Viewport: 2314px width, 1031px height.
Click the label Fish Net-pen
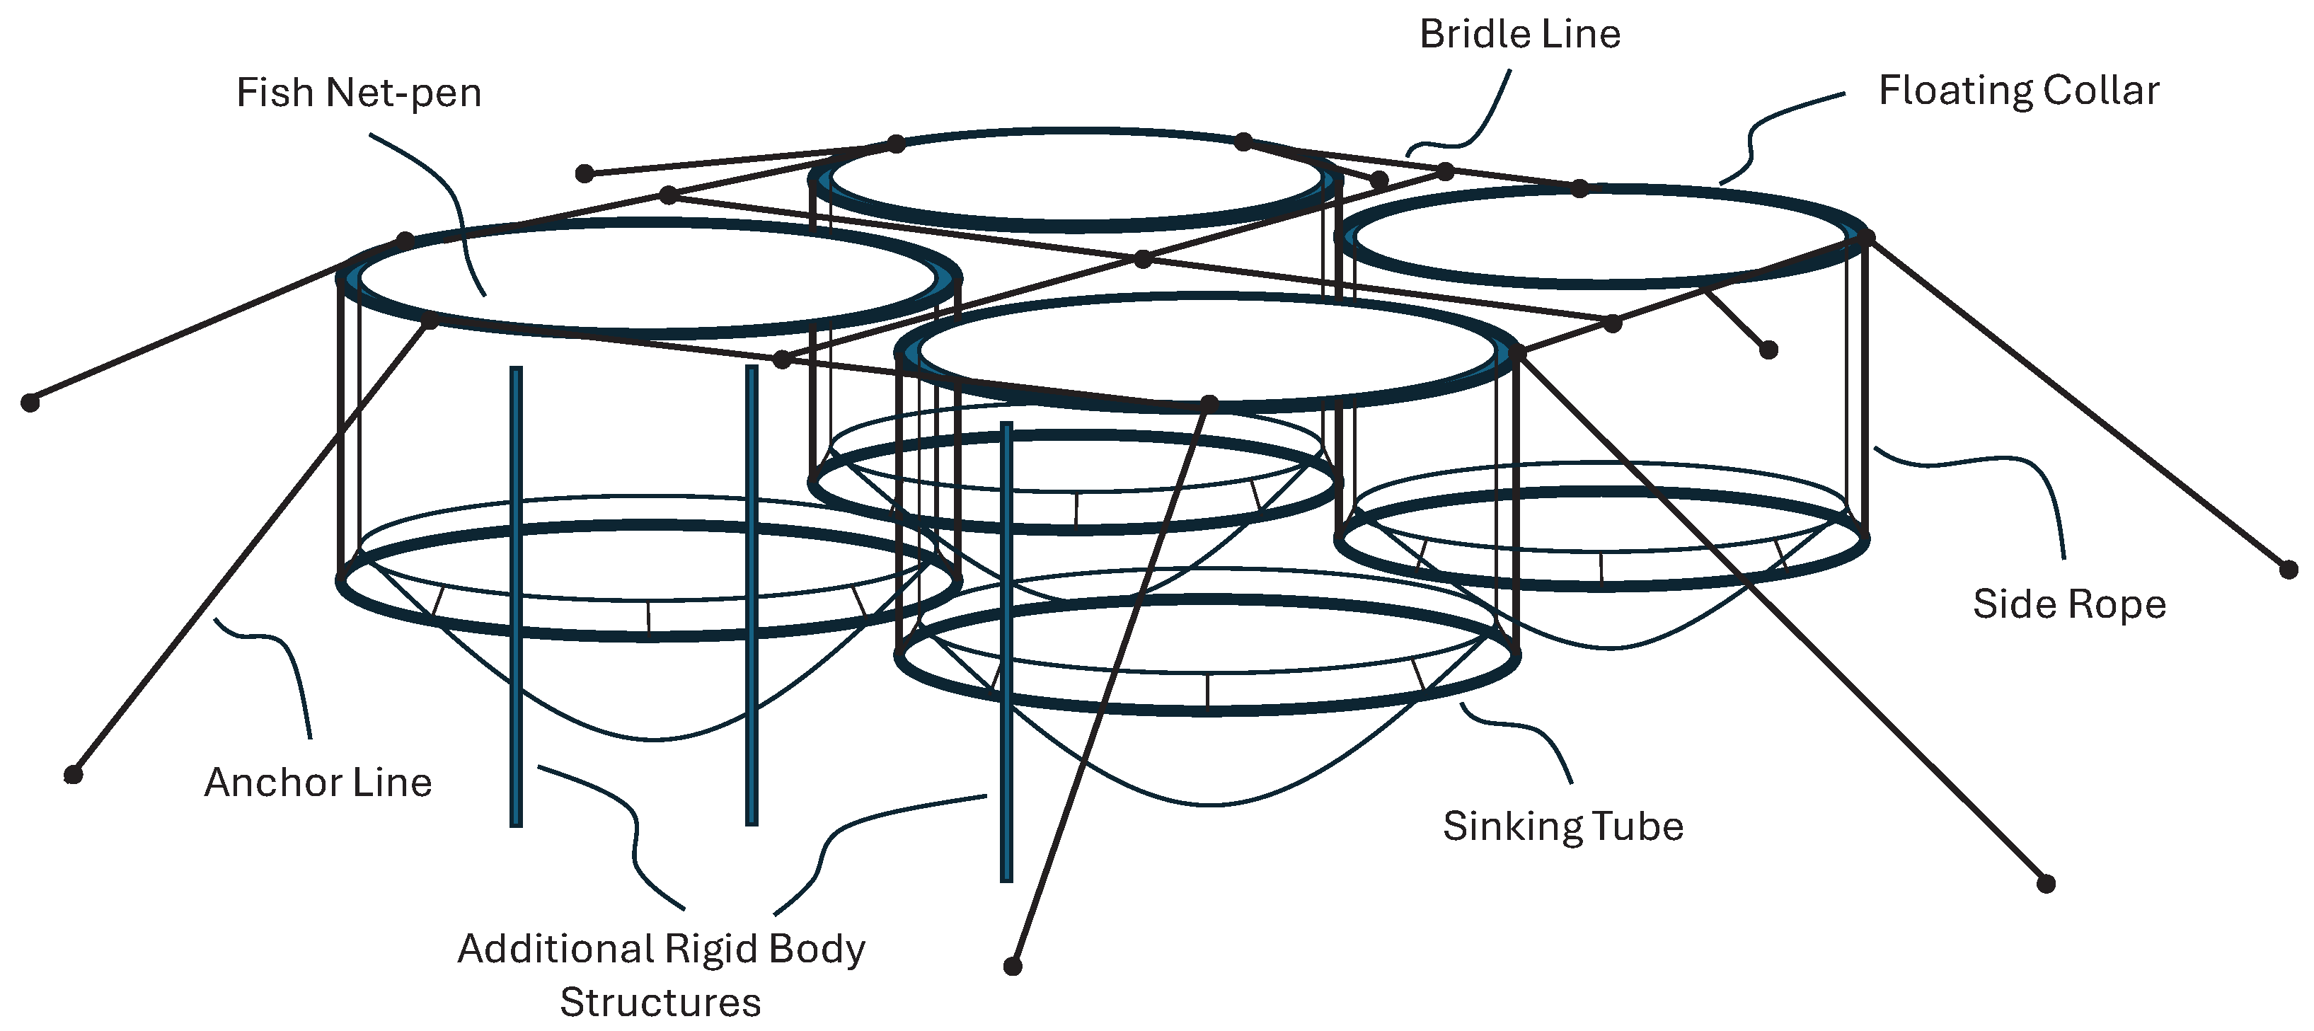coord(358,93)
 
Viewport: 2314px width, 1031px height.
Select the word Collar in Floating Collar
coord(2101,91)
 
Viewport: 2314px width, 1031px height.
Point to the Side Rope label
coord(2068,604)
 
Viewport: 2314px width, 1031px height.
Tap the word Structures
coord(660,1002)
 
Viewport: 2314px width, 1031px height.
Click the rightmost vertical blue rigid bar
coord(1006,652)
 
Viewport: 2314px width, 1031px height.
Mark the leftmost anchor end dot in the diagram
coord(30,403)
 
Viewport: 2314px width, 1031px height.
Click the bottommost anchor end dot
coord(1013,967)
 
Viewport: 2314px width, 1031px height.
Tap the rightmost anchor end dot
coord(2289,570)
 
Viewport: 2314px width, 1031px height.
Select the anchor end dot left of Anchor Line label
coord(74,774)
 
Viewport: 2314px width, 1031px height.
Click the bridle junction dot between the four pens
coord(1143,260)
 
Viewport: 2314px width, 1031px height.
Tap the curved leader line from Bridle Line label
coord(1473,126)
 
